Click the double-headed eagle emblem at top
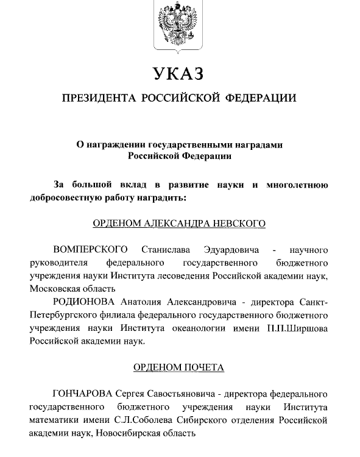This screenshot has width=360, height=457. click(x=179, y=25)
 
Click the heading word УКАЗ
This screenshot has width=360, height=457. click(x=179, y=75)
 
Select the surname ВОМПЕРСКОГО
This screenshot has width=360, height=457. click(x=91, y=250)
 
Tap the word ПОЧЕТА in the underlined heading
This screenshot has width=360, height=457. click(x=202, y=368)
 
